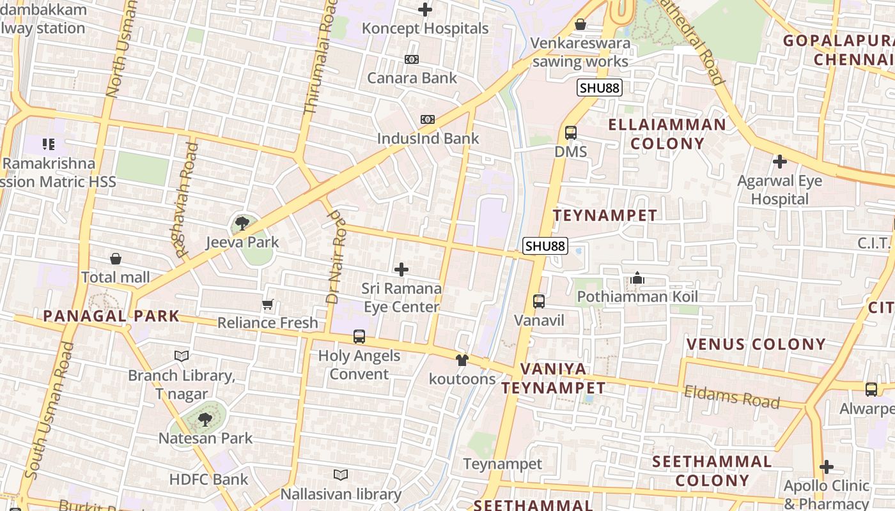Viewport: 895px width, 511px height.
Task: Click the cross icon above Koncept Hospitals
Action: (425, 10)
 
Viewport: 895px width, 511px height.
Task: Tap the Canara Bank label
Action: (412, 78)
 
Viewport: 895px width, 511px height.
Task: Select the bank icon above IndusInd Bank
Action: (428, 119)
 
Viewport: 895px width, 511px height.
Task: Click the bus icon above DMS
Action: (571, 133)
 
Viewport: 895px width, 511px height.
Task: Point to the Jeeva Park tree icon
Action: (242, 223)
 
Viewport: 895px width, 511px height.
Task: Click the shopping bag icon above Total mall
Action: (116, 259)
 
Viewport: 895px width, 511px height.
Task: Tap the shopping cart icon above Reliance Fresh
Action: (268, 305)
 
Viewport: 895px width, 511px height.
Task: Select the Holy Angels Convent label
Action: (359, 365)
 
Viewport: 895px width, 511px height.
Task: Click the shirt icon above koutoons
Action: (462, 360)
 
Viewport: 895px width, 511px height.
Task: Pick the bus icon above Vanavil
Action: (539, 301)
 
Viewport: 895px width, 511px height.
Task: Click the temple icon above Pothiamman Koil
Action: (637, 278)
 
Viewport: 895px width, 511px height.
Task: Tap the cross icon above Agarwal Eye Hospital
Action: (779, 162)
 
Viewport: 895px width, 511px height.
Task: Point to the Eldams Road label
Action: (732, 397)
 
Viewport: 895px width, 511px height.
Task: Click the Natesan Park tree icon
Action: (205, 420)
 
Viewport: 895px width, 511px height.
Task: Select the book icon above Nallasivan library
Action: (341, 475)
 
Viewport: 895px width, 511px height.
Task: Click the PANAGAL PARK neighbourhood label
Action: (111, 316)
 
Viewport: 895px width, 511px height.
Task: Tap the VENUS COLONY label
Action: (756, 344)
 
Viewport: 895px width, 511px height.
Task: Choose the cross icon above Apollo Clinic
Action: (827, 467)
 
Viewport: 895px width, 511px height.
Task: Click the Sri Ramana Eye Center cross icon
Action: (401, 270)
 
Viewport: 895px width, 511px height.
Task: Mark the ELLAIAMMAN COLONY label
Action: (667, 133)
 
